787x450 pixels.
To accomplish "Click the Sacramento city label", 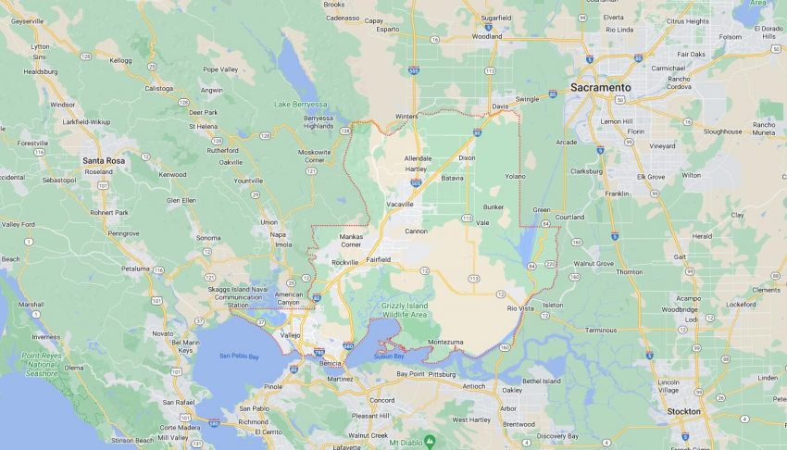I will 601,87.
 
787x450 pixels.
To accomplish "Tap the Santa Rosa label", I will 104,160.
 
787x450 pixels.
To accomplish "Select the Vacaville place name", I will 399,204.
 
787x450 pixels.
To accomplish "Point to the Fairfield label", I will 377,259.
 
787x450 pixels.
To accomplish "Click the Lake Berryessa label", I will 301,105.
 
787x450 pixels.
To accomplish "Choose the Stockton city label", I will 684,411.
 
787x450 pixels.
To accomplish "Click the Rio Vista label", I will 520,308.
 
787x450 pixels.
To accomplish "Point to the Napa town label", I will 278,234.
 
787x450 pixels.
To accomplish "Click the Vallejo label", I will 290,334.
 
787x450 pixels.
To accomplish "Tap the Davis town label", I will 500,106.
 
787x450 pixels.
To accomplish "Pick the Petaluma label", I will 136,269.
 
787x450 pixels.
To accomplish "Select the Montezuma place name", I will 445,342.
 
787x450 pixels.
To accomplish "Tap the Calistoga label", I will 159,88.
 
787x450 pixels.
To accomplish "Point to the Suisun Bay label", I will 389,356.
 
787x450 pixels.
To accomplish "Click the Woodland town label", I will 487,37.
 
